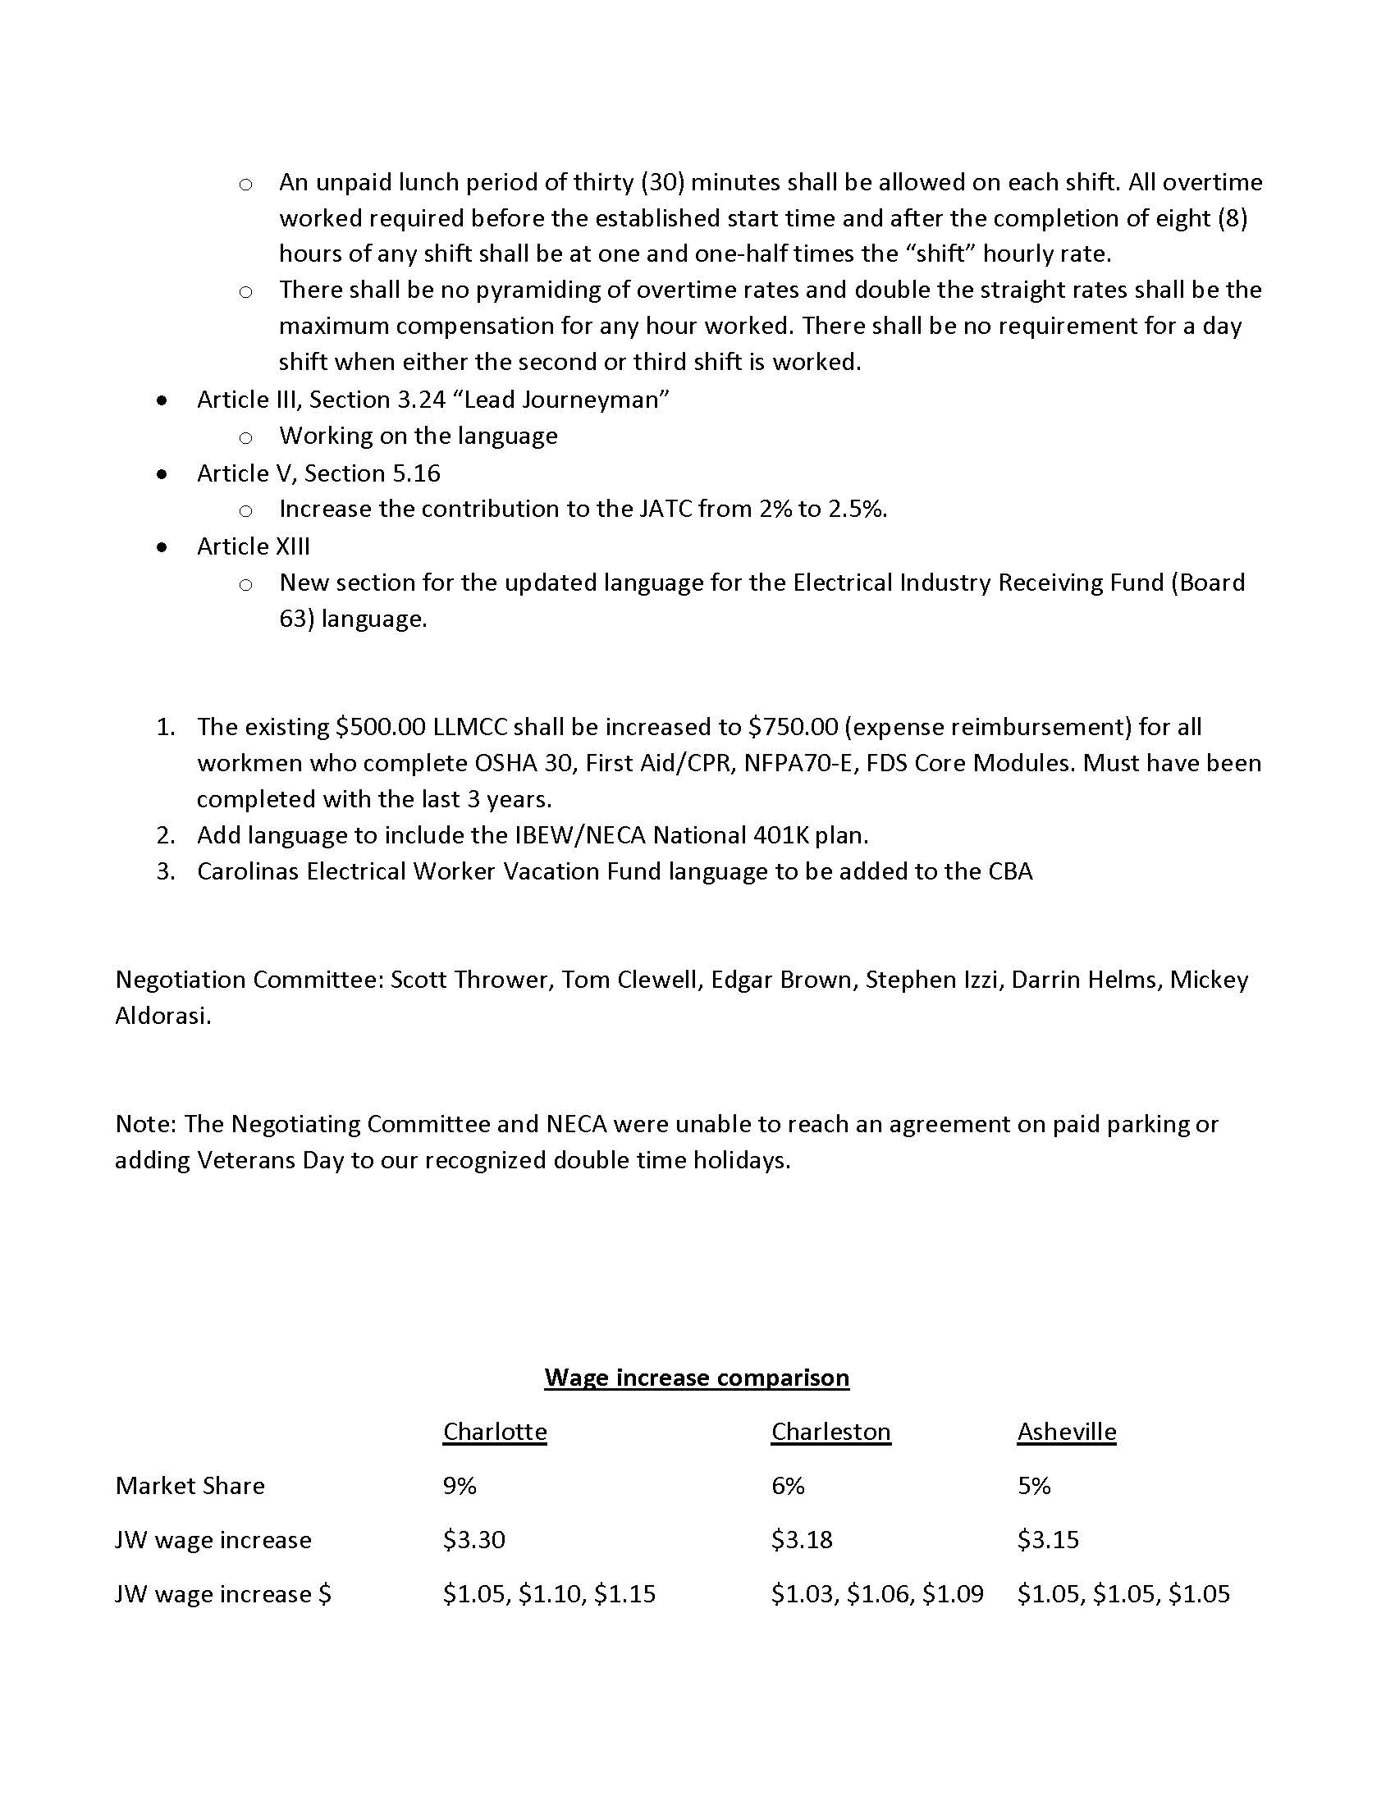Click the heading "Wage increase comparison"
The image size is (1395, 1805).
tap(696, 1378)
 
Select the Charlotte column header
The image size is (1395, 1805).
tap(494, 1432)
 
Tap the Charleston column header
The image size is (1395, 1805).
tap(830, 1432)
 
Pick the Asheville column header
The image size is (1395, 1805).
tap(1066, 1432)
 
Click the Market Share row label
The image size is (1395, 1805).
tap(190, 1486)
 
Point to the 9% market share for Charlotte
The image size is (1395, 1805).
tap(460, 1486)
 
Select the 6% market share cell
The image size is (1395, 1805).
tap(788, 1486)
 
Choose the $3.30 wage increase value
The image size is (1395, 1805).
tap(473, 1540)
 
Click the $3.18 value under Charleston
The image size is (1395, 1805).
tap(802, 1540)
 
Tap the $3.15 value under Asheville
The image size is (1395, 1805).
tap(1048, 1540)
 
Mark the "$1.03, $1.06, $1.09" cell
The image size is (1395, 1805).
tap(877, 1593)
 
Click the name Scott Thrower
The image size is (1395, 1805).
tap(469, 980)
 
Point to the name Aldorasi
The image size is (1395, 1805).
tap(161, 1016)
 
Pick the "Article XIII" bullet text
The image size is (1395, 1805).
tap(253, 546)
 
